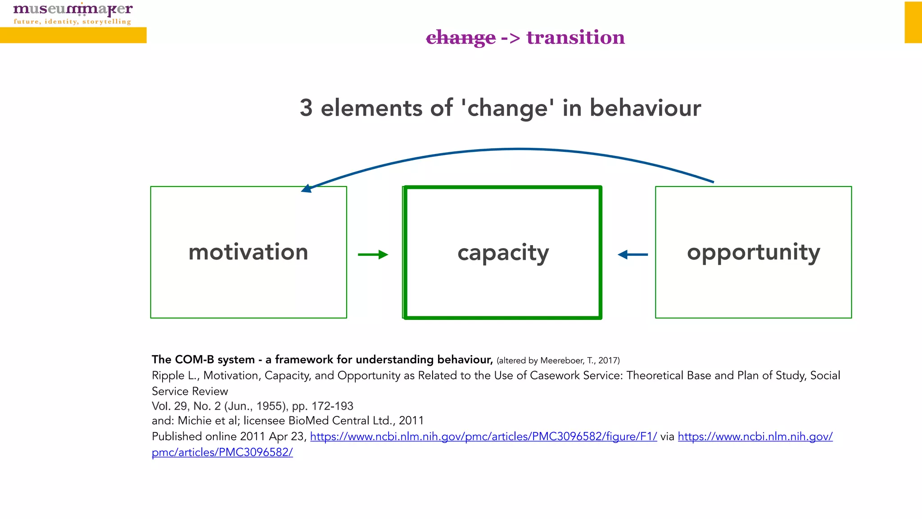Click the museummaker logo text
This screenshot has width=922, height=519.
(73, 9)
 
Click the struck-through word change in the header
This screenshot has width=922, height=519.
(461, 38)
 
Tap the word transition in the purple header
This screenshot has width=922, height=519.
(575, 37)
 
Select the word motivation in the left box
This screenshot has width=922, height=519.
(248, 252)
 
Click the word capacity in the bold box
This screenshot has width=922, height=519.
(503, 253)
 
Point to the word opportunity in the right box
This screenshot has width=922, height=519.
(753, 252)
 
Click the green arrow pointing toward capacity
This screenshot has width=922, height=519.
(373, 255)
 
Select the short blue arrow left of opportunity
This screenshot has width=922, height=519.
(633, 255)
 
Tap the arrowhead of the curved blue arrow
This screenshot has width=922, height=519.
(307, 188)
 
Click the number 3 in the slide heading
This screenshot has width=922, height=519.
(306, 108)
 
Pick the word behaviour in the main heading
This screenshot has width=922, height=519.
(645, 108)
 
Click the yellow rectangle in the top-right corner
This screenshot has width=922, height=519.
(913, 22)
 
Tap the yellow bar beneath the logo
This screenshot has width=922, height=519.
(73, 35)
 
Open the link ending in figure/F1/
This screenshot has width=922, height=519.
(483, 437)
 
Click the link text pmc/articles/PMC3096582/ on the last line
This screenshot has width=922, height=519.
(222, 452)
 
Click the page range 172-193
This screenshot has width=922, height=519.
(332, 406)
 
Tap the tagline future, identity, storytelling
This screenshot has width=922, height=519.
(72, 22)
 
